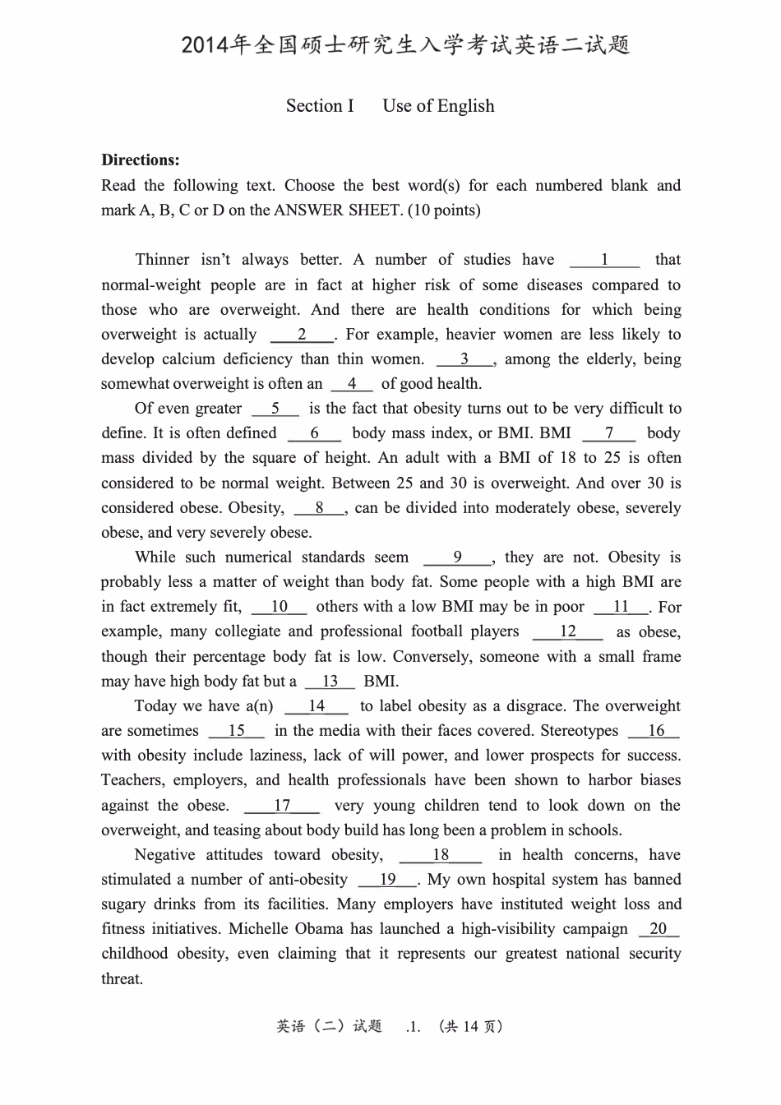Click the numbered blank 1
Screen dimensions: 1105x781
pos(604,261)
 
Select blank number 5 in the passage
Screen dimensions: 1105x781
pos(275,409)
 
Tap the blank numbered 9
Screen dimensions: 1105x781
pos(458,557)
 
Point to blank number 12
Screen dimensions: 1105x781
pos(568,631)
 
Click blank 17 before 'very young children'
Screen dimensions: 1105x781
pos(282,806)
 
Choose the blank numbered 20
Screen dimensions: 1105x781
pos(659,929)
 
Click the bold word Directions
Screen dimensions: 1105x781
pos(140,160)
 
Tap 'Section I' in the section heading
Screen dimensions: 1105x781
pos(320,106)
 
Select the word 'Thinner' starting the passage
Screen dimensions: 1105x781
pos(162,261)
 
